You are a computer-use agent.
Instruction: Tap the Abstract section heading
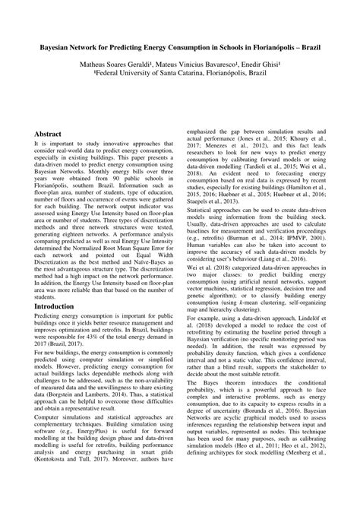point(48,134)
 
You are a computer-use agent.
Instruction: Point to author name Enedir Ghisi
point(261,65)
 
